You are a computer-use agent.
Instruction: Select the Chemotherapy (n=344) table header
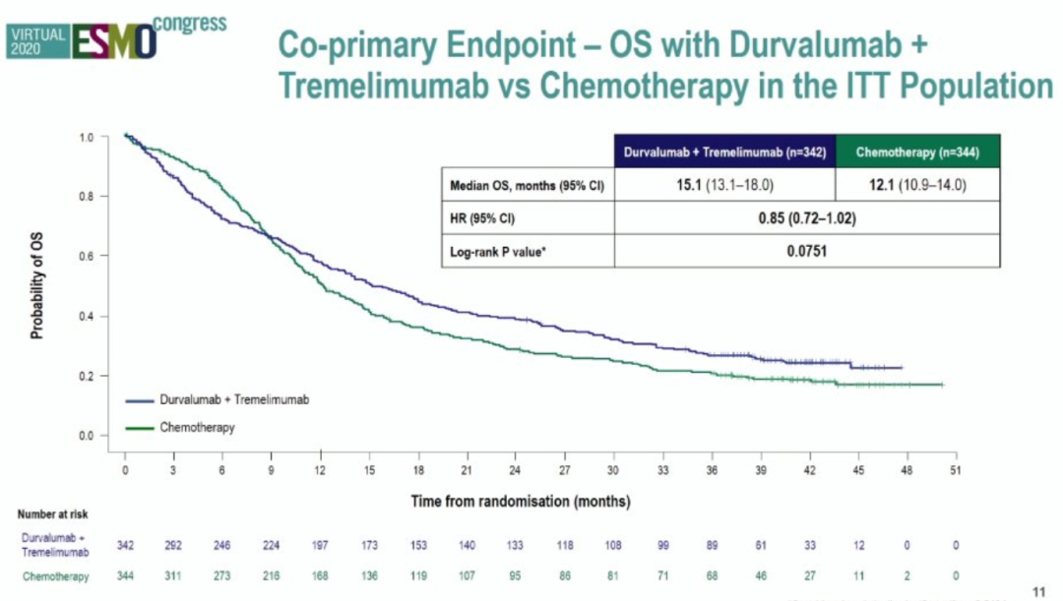coord(917,152)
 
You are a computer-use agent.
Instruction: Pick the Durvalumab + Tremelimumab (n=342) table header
coord(725,152)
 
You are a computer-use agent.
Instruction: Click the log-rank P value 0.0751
coord(806,252)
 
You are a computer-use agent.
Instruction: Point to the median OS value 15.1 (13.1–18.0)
coord(725,185)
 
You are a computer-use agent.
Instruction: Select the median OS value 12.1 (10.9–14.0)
coord(917,185)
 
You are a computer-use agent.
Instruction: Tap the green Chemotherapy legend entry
coord(197,427)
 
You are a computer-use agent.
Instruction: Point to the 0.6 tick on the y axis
coord(88,257)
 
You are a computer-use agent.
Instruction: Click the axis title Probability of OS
coord(37,286)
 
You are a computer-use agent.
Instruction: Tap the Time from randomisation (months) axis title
coord(520,501)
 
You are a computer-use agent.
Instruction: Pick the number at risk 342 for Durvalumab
coord(125,545)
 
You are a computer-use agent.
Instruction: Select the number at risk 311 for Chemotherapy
coord(174,575)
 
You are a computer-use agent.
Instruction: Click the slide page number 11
coord(1037,591)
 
